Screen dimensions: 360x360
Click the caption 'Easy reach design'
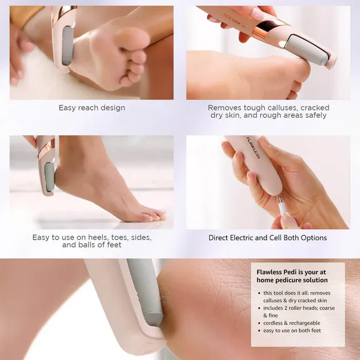tap(92, 108)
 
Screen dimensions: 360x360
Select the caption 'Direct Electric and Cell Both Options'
tap(267, 238)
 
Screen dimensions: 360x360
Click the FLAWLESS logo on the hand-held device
tap(253, 148)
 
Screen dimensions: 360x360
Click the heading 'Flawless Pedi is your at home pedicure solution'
tap(292, 276)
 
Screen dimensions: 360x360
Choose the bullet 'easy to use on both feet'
tap(292, 331)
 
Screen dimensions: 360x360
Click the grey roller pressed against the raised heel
tap(49, 176)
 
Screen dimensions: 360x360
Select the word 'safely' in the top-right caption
tap(315, 116)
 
